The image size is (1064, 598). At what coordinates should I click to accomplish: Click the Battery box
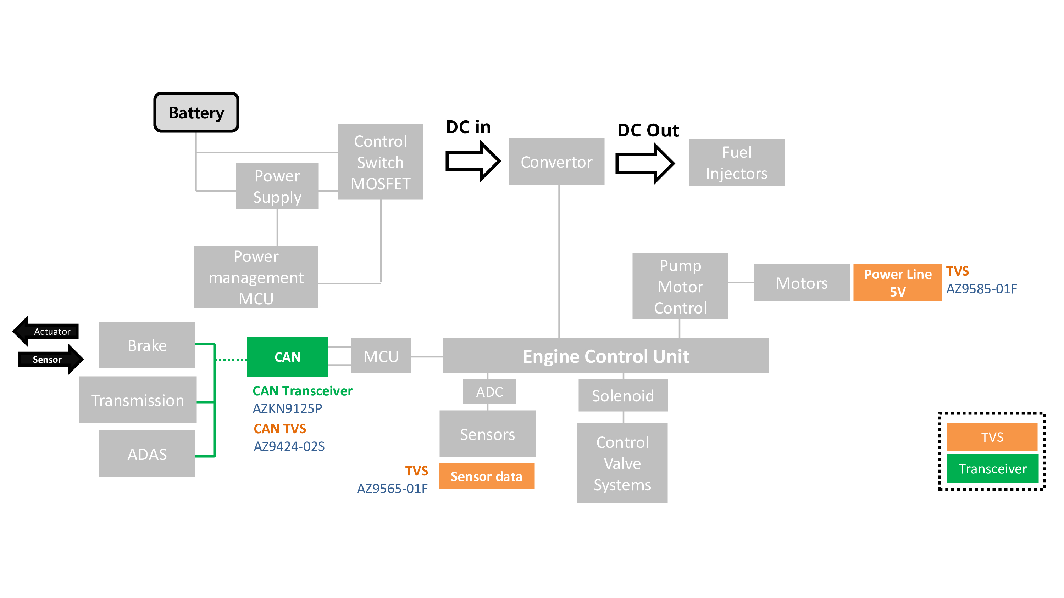pos(196,112)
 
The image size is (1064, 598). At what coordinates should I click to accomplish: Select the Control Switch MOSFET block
pos(381,162)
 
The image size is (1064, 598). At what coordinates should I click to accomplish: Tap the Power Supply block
pos(277,186)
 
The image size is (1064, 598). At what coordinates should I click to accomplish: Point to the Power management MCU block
pos(256,277)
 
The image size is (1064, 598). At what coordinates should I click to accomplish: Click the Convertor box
pos(556,162)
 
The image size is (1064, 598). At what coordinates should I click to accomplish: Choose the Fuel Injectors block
pos(736,162)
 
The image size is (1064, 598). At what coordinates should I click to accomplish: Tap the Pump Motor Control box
pos(680,286)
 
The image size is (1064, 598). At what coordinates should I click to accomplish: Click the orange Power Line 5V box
pos(897,283)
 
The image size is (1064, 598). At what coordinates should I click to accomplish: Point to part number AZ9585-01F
pos(981,289)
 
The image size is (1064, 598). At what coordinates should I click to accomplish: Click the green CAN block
pos(288,357)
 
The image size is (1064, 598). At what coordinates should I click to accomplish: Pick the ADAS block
pos(147,454)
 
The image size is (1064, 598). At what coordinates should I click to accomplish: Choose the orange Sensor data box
pos(486,476)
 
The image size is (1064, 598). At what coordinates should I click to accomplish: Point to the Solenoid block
pos(623,395)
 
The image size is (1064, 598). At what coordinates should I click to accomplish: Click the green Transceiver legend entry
pos(992,468)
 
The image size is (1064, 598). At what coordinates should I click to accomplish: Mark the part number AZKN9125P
pos(288,408)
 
